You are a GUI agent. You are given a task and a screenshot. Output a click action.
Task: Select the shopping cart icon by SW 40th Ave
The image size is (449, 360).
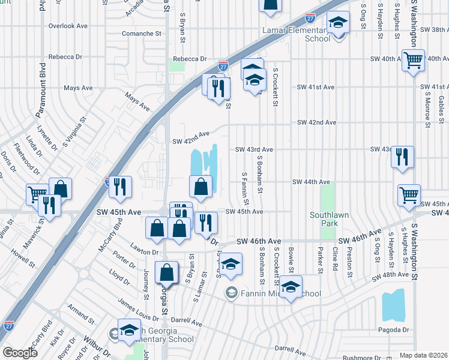pyautogui.click(x=414, y=61)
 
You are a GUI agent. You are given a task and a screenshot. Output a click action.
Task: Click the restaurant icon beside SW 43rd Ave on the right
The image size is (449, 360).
pyautogui.click(x=402, y=157)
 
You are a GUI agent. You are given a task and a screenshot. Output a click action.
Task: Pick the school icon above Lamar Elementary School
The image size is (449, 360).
pyautogui.click(x=339, y=23)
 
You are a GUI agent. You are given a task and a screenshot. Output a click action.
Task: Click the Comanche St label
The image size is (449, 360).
pyautogui.click(x=142, y=34)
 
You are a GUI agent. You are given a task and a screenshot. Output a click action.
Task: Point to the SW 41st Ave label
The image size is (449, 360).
pyautogui.click(x=316, y=87)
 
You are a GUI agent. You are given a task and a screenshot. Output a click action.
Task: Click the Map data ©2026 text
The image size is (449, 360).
pyautogui.click(x=423, y=355)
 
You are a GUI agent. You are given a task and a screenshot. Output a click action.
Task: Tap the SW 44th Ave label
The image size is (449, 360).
pyautogui.click(x=311, y=182)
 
